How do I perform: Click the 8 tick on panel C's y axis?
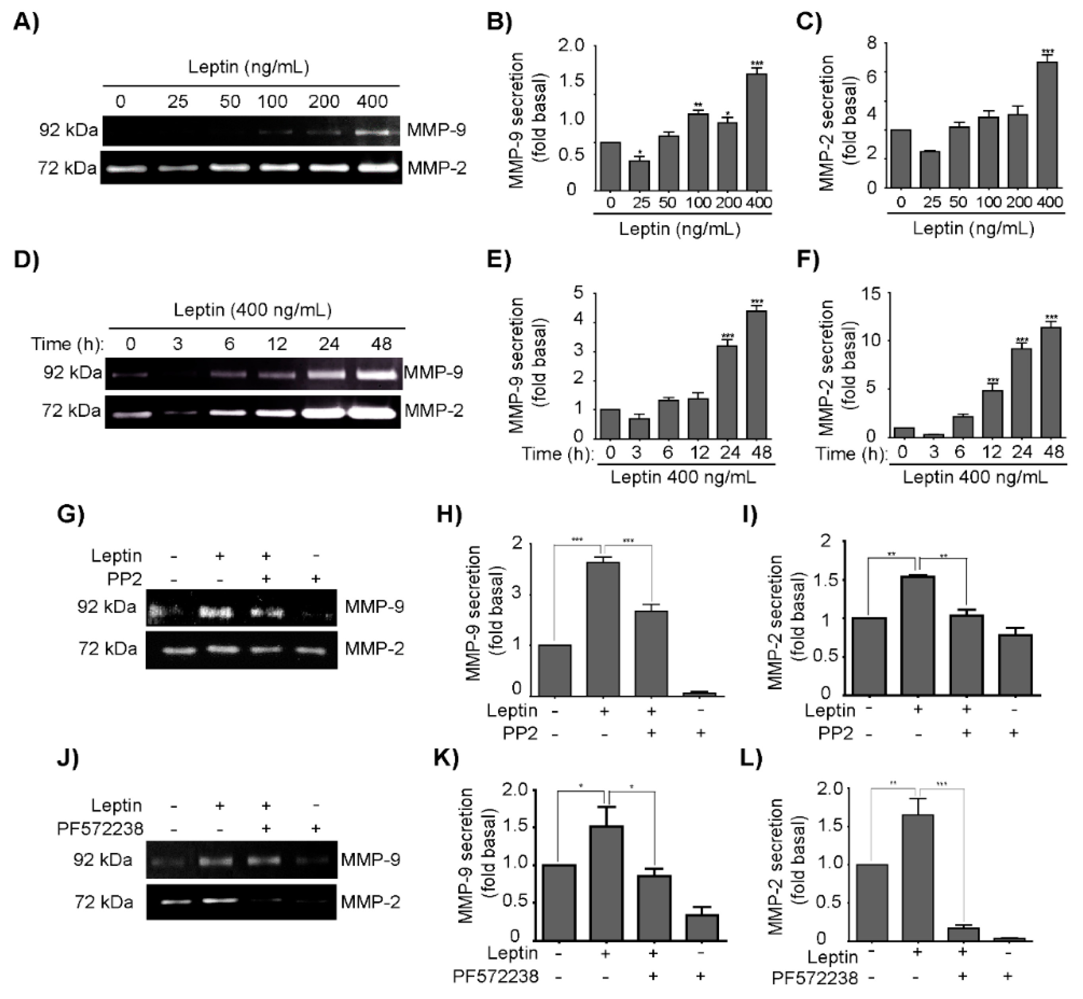(x=871, y=43)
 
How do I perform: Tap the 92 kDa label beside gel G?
(x=106, y=607)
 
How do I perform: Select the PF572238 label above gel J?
(x=100, y=828)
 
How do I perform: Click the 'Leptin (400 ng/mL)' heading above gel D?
(x=253, y=310)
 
